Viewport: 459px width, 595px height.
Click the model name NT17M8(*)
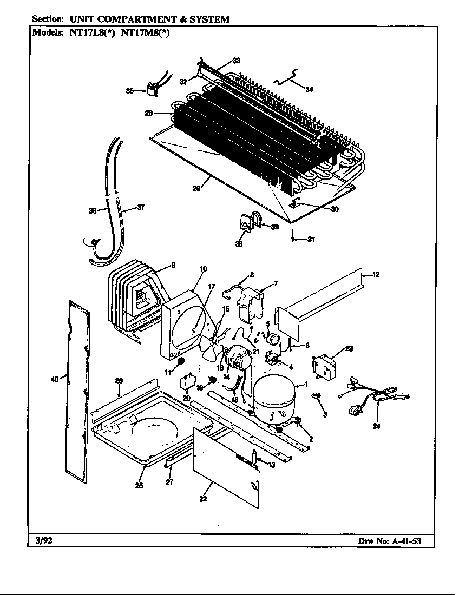tap(146, 32)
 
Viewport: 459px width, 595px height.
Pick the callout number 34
tap(309, 89)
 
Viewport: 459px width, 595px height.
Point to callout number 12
tap(376, 275)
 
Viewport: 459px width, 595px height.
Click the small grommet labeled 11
tap(182, 361)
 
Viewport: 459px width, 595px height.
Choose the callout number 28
tap(148, 113)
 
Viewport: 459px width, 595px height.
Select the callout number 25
tap(139, 485)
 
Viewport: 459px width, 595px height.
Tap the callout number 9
tap(173, 265)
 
